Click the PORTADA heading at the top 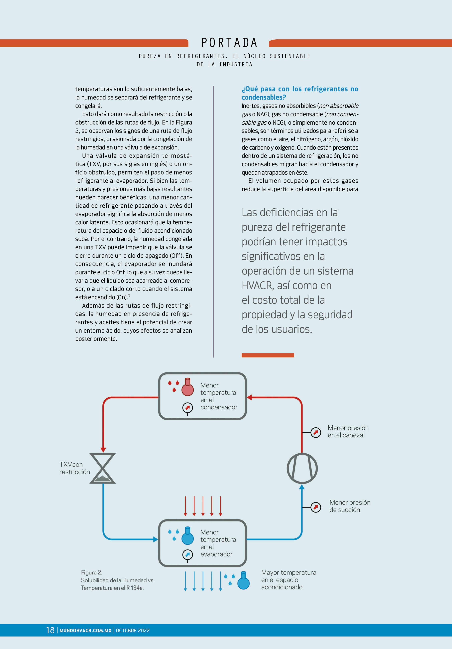[x=229, y=43]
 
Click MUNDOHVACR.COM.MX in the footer [x=86, y=630]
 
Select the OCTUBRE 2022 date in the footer [x=133, y=630]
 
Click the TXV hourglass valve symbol [x=103, y=468]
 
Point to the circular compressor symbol [x=302, y=468]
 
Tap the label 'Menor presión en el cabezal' [x=348, y=431]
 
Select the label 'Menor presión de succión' [x=350, y=506]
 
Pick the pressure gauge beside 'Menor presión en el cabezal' [x=316, y=432]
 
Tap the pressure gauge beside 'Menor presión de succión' [x=316, y=507]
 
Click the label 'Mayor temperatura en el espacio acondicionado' [x=288, y=580]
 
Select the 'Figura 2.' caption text [x=91, y=572]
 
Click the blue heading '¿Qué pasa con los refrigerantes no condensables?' [x=299, y=93]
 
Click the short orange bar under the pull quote [x=268, y=355]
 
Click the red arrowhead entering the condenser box [x=249, y=397]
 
